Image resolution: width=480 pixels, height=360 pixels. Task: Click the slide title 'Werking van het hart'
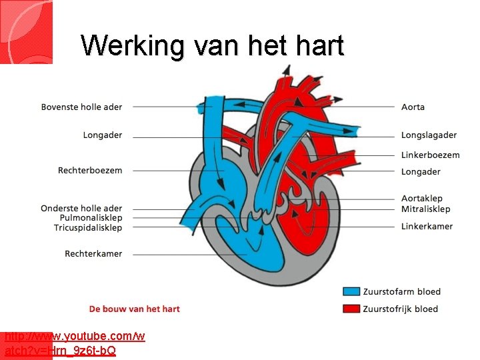coord(212,46)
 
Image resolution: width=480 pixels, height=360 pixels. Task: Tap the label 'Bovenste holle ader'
coord(81,107)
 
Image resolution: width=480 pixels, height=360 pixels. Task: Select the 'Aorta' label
coord(413,107)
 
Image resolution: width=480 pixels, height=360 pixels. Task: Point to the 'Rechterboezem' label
coord(90,171)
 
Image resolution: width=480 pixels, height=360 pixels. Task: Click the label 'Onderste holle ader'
coord(81,209)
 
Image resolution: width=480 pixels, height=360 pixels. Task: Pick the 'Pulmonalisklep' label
coord(91,218)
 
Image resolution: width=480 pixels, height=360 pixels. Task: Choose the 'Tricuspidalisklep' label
coord(88,227)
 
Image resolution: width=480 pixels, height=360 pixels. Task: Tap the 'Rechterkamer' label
coord(93,253)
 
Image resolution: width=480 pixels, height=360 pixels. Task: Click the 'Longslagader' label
coord(429,135)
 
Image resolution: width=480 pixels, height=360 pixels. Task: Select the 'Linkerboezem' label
coord(430,155)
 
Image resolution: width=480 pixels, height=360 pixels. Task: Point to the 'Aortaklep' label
coord(421,198)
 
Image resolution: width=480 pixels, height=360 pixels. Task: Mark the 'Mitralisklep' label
coord(425,209)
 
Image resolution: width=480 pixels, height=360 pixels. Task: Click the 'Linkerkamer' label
coord(427,226)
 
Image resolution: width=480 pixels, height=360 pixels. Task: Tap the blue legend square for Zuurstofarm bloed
coord(351,291)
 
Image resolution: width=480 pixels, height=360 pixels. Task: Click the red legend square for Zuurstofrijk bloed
coord(351,308)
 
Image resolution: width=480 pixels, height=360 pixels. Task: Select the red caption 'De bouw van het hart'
coord(135,309)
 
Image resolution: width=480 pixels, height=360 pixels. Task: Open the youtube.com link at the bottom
coord(73,343)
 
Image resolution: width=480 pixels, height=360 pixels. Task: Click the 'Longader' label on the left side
coord(103,135)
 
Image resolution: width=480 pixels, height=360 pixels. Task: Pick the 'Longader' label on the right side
coord(421,171)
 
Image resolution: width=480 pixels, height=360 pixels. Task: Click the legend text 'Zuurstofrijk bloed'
coord(400,309)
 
